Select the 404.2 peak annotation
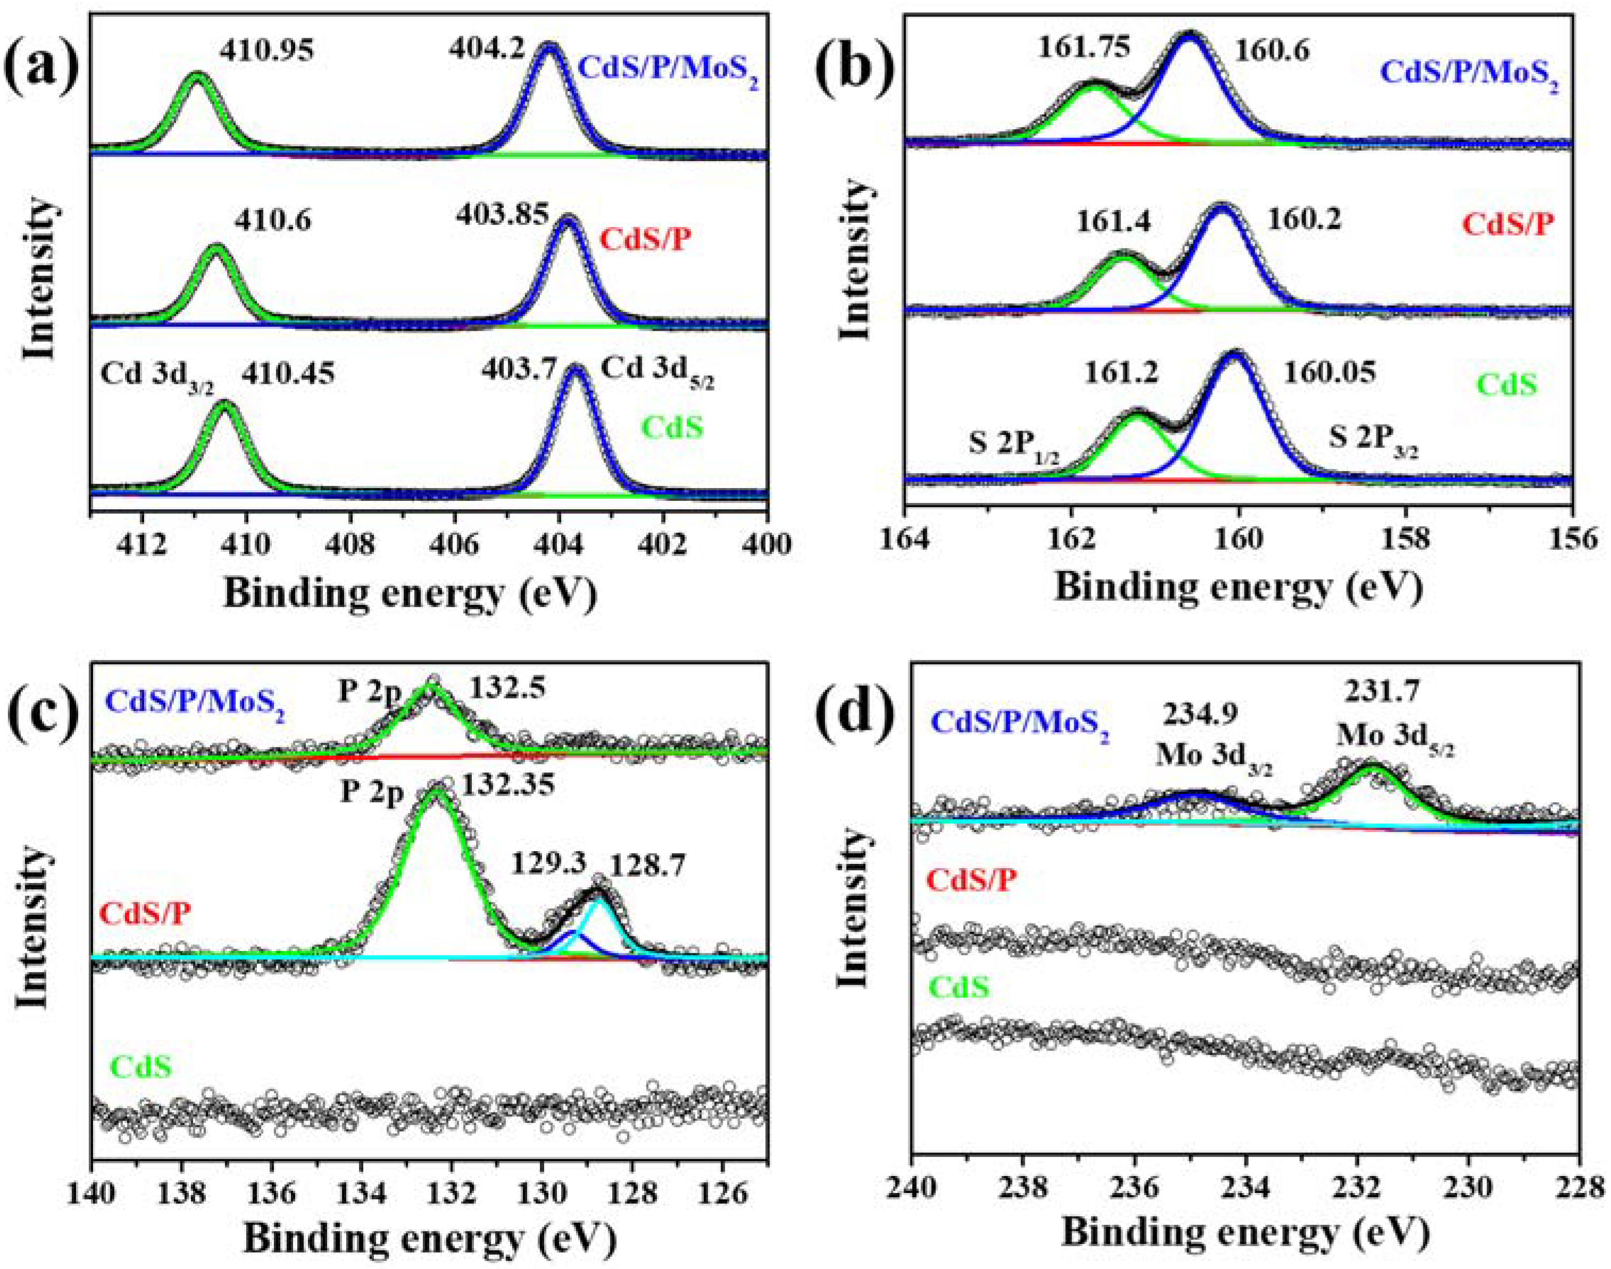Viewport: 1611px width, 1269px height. (487, 51)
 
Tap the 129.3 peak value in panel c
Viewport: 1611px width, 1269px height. (548, 865)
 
